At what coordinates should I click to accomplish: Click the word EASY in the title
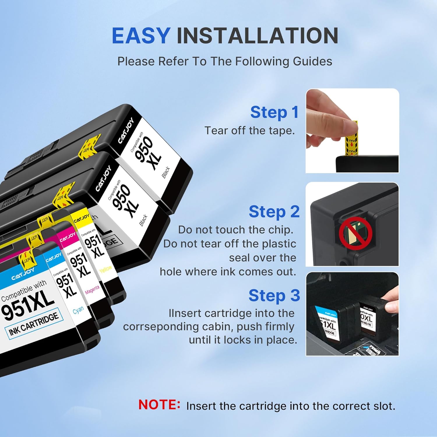click(141, 36)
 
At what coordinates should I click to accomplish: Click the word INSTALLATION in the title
click(257, 36)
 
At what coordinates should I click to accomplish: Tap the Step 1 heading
click(274, 112)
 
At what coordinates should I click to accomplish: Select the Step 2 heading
click(274, 212)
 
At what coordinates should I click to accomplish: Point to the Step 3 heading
click(274, 296)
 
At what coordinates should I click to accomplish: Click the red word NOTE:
click(159, 405)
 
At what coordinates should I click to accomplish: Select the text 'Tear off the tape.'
click(250, 131)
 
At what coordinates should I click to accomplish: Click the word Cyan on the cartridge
click(78, 310)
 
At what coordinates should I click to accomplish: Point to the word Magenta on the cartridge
click(92, 289)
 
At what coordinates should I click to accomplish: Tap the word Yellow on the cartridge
click(105, 269)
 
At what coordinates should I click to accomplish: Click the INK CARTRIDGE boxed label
click(34, 323)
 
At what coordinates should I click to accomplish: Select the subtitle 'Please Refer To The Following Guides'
click(225, 61)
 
